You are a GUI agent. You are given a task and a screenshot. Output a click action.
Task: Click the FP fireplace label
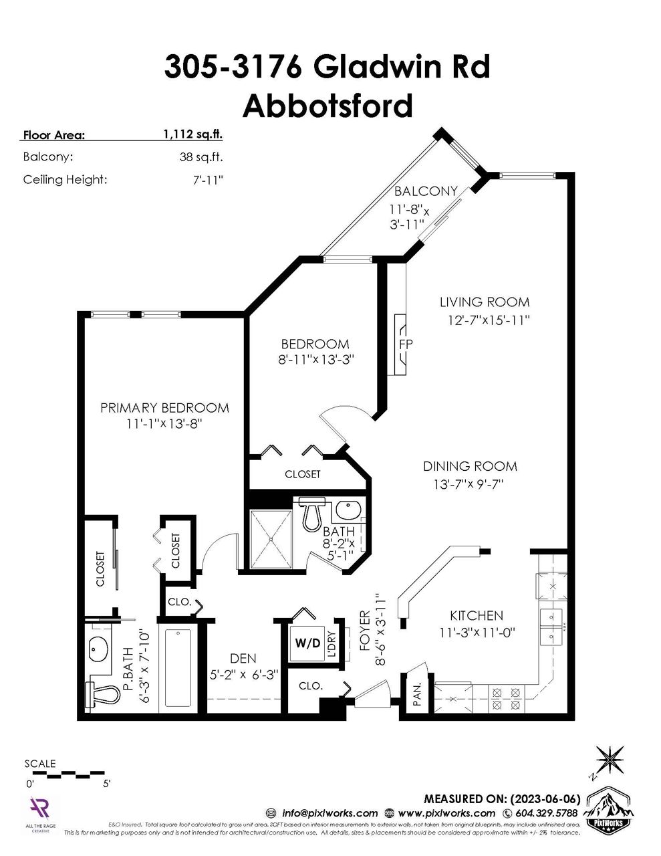[406, 344]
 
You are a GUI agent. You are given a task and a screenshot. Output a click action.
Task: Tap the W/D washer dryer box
[307, 643]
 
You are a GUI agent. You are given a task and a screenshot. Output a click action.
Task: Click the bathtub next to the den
[177, 667]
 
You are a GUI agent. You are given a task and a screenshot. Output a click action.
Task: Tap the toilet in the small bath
[311, 514]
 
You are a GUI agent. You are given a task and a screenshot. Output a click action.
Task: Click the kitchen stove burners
[506, 698]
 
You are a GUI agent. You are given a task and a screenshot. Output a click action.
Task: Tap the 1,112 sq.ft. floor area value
[193, 134]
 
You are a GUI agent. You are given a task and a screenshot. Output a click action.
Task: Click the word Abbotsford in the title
[327, 106]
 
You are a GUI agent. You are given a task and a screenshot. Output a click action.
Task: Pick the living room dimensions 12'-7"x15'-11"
[489, 320]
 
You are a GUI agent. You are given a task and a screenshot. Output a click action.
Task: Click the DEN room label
[242, 659]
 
